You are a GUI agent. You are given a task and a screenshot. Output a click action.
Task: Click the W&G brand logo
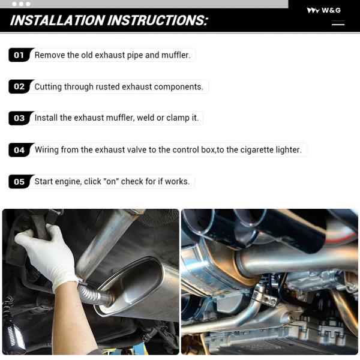[x=324, y=10]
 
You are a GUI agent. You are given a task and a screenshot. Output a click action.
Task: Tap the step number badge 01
[x=20, y=55]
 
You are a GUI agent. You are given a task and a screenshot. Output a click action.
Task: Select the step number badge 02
[x=20, y=86]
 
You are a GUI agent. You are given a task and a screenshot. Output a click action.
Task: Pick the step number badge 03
[x=20, y=118]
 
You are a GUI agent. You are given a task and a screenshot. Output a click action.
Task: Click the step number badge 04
[x=20, y=150]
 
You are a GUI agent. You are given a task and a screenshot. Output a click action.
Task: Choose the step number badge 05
[x=20, y=182]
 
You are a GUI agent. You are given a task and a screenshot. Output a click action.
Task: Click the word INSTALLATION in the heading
[x=58, y=20]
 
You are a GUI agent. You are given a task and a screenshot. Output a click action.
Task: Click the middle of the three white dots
[x=21, y=4]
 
